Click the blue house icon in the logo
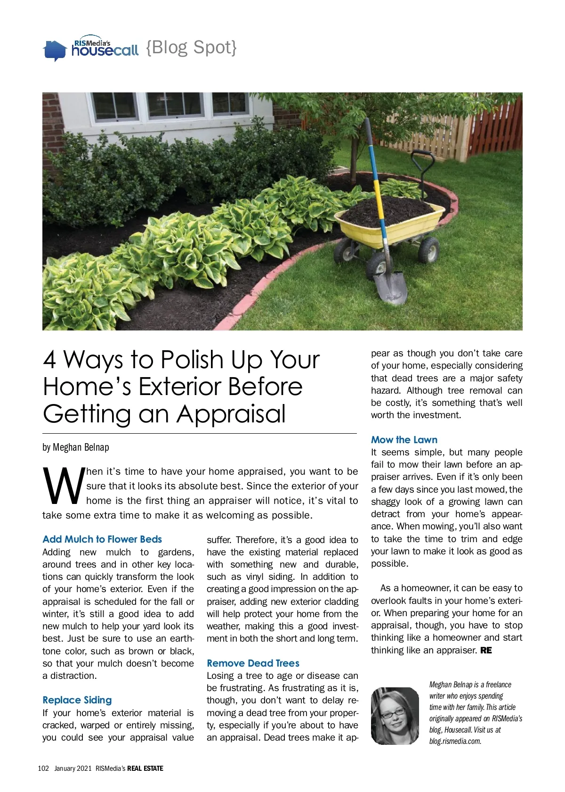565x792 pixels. click(x=54, y=50)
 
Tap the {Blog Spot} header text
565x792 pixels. click(x=191, y=47)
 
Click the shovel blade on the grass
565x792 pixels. click(x=391, y=287)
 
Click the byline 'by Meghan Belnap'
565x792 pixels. click(x=76, y=447)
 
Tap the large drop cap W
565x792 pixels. click(x=63, y=486)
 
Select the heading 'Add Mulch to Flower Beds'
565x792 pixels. click(x=102, y=539)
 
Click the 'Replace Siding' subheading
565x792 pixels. click(x=77, y=700)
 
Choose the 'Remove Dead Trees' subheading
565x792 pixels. click(x=253, y=663)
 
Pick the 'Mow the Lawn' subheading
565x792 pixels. click(x=404, y=440)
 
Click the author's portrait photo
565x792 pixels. click(x=395, y=716)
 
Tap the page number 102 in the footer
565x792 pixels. click(x=43, y=768)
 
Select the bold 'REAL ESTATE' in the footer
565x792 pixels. click(x=145, y=768)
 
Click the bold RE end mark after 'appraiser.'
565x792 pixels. click(x=486, y=651)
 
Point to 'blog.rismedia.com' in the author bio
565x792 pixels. click(x=455, y=741)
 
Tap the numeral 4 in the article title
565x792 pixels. click(x=49, y=360)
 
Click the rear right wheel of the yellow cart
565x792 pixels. click(x=428, y=249)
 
